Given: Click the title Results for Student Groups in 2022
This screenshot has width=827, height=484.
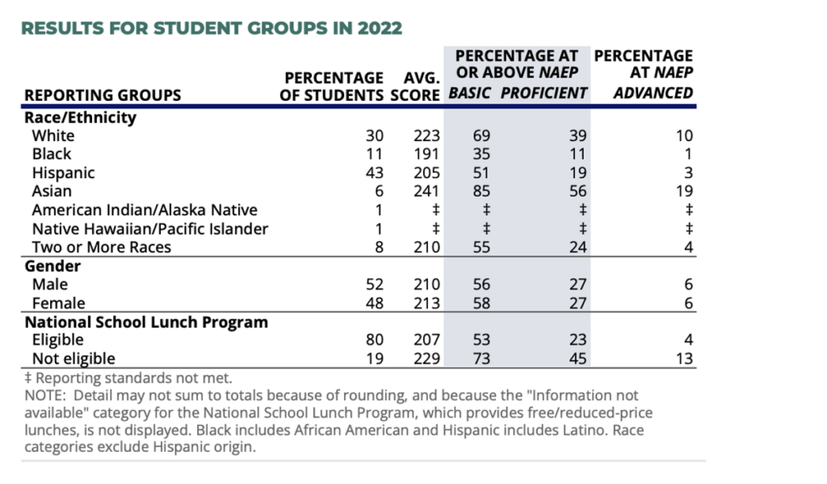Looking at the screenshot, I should (211, 28).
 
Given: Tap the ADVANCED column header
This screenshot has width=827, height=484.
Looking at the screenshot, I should (653, 93).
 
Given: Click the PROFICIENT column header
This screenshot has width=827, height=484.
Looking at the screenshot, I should (544, 93).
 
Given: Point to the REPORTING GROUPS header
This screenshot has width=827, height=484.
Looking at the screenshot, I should (103, 95).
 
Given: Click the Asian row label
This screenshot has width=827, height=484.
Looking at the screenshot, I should (52, 191).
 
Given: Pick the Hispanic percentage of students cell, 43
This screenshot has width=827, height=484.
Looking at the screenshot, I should (373, 173).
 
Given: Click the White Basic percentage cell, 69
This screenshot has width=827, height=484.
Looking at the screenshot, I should (481, 136).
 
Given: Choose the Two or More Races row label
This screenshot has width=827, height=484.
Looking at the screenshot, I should (102, 247).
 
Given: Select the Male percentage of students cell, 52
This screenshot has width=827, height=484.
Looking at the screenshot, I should (373, 285).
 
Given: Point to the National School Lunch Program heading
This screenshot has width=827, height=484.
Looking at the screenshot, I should (146, 322).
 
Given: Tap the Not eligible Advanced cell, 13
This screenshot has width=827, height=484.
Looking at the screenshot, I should (684, 359).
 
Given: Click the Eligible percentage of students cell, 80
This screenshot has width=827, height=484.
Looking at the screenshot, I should (373, 340).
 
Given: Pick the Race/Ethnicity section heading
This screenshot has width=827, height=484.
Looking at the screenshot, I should (80, 117).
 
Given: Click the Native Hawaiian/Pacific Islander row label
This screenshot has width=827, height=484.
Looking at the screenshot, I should (149, 228).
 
